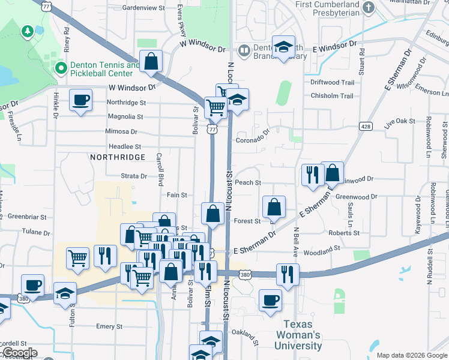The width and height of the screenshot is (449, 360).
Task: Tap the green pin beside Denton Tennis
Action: tap(61, 68)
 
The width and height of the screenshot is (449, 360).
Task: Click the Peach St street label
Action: tap(248, 182)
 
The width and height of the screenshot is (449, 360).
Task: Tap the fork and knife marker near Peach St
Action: tap(312, 175)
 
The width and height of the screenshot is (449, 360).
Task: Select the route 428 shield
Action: tap(366, 126)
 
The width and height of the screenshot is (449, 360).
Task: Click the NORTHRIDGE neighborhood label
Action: tap(118, 157)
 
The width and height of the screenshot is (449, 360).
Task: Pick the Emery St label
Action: tap(109, 327)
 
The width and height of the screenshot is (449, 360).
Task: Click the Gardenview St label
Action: tap(143, 8)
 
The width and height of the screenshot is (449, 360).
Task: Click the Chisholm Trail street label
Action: tap(332, 95)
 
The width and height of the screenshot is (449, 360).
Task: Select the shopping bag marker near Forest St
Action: tap(274, 208)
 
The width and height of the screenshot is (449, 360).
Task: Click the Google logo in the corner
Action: tap(19, 353)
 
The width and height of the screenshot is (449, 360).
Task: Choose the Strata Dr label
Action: tap(134, 176)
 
